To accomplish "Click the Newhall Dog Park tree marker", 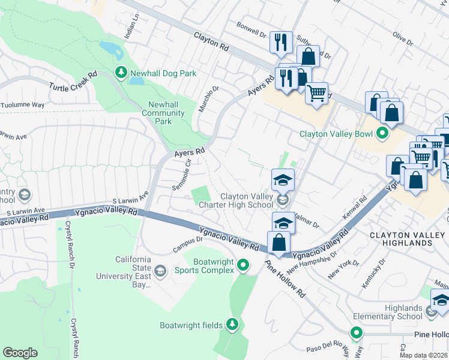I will click(121, 73).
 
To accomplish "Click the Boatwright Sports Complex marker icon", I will click(243, 264).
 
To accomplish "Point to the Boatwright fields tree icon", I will click(232, 325).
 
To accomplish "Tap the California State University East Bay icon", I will click(160, 271).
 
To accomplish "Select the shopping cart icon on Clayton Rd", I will click(316, 92).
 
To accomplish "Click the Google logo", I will click(20, 353).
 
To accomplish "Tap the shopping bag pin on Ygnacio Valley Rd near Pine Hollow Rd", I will click(279, 242).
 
